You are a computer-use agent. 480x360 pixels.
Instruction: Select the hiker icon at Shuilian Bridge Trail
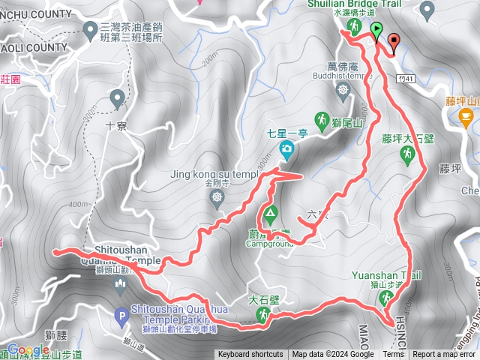(x=352, y=27)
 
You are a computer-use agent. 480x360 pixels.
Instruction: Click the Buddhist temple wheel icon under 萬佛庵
(x=343, y=91)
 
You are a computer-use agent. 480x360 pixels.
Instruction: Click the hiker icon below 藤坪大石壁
(x=407, y=154)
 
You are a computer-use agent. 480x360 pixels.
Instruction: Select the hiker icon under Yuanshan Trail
(x=387, y=298)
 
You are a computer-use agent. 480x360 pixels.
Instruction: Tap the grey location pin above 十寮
(x=117, y=97)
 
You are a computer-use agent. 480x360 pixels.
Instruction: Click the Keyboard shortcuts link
(x=250, y=355)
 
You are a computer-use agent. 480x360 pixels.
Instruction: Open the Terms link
(x=392, y=355)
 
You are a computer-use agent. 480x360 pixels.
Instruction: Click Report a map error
(x=445, y=355)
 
